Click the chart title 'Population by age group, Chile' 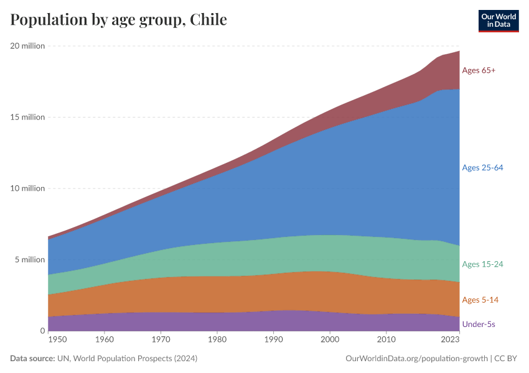pos(118,20)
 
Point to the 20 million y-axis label pos(27,46)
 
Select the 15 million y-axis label pos(27,117)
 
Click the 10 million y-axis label pos(27,188)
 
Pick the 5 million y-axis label pos(30,260)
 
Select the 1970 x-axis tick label pos(161,340)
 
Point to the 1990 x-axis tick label pos(273,340)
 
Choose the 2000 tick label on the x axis pos(330,340)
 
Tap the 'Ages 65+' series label pos(479,70)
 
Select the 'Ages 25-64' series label pos(482,167)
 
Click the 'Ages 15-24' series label pos(482,264)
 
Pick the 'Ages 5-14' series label pos(480,300)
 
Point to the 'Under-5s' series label pos(479,324)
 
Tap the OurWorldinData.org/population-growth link pos(416,359)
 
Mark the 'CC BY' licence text pos(507,359)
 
